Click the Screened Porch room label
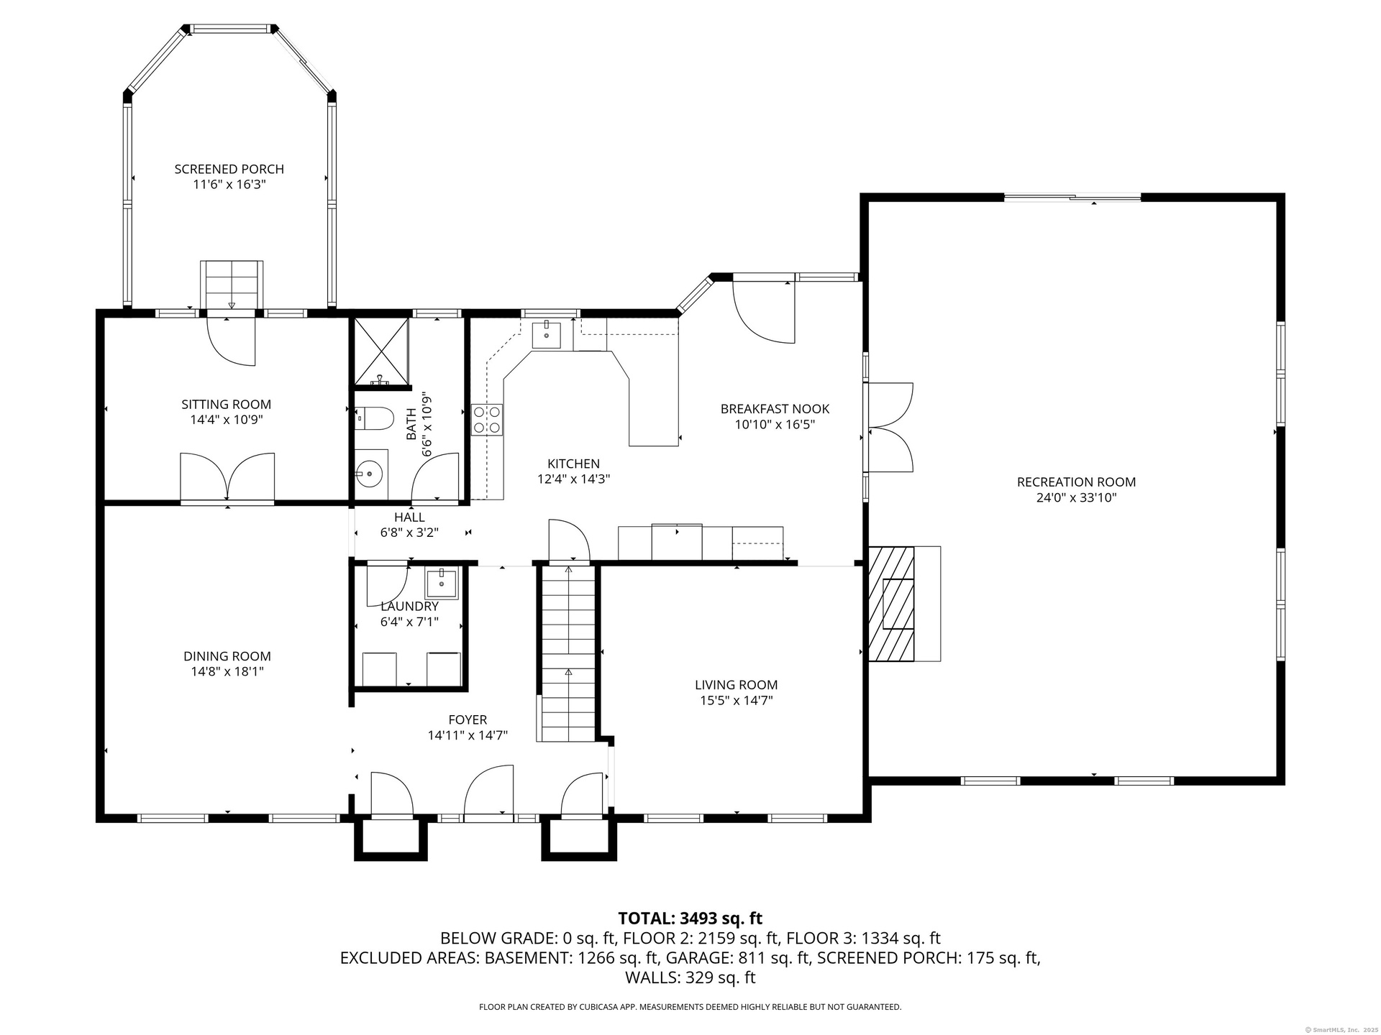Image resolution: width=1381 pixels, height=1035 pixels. point(229,169)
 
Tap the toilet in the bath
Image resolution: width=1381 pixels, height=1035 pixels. point(374,418)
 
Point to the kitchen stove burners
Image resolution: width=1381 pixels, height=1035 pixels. point(487,420)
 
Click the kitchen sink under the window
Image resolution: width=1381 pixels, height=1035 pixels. point(547,335)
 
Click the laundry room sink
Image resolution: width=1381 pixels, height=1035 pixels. point(440,584)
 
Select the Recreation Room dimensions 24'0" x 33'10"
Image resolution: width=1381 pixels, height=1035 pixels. point(1076,497)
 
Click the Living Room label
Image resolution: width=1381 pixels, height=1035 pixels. point(736,685)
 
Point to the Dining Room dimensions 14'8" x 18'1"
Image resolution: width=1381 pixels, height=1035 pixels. point(227,671)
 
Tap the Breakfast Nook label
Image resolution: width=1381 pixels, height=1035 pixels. point(775,409)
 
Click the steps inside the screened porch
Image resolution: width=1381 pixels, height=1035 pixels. point(231,285)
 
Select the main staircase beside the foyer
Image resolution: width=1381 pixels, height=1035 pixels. point(568,654)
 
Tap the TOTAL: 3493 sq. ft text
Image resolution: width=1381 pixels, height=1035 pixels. point(690,919)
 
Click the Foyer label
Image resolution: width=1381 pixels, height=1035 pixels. point(468,719)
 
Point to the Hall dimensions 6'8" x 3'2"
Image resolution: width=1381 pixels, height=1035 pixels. point(409,533)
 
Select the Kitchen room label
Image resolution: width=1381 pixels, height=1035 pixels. point(573,464)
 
